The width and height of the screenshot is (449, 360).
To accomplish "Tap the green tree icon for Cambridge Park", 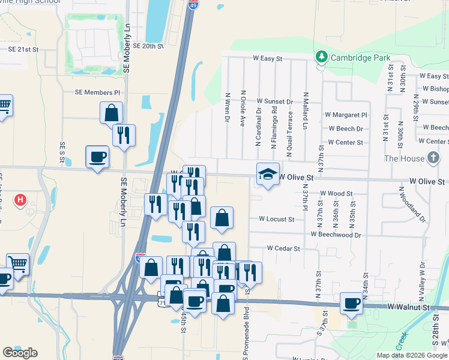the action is (322, 57).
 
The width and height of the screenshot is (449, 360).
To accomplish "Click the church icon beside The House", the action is (433, 158).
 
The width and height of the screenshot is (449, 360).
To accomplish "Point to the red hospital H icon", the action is (20, 199).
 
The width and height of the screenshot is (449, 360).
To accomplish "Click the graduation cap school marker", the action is (268, 174).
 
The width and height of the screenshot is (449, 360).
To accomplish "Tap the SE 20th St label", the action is (148, 46).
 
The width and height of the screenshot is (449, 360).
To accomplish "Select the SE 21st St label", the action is (23, 49).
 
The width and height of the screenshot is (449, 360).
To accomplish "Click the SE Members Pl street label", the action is (97, 92).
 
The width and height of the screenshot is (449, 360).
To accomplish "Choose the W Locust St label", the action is (276, 219).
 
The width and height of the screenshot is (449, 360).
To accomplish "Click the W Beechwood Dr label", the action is (336, 235).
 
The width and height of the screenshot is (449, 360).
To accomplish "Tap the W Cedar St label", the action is (283, 248).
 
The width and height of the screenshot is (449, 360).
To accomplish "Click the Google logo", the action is (20, 353).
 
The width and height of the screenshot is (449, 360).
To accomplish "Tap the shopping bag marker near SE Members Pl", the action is (111, 112).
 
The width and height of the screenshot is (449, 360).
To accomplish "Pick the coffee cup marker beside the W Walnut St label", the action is (352, 302).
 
